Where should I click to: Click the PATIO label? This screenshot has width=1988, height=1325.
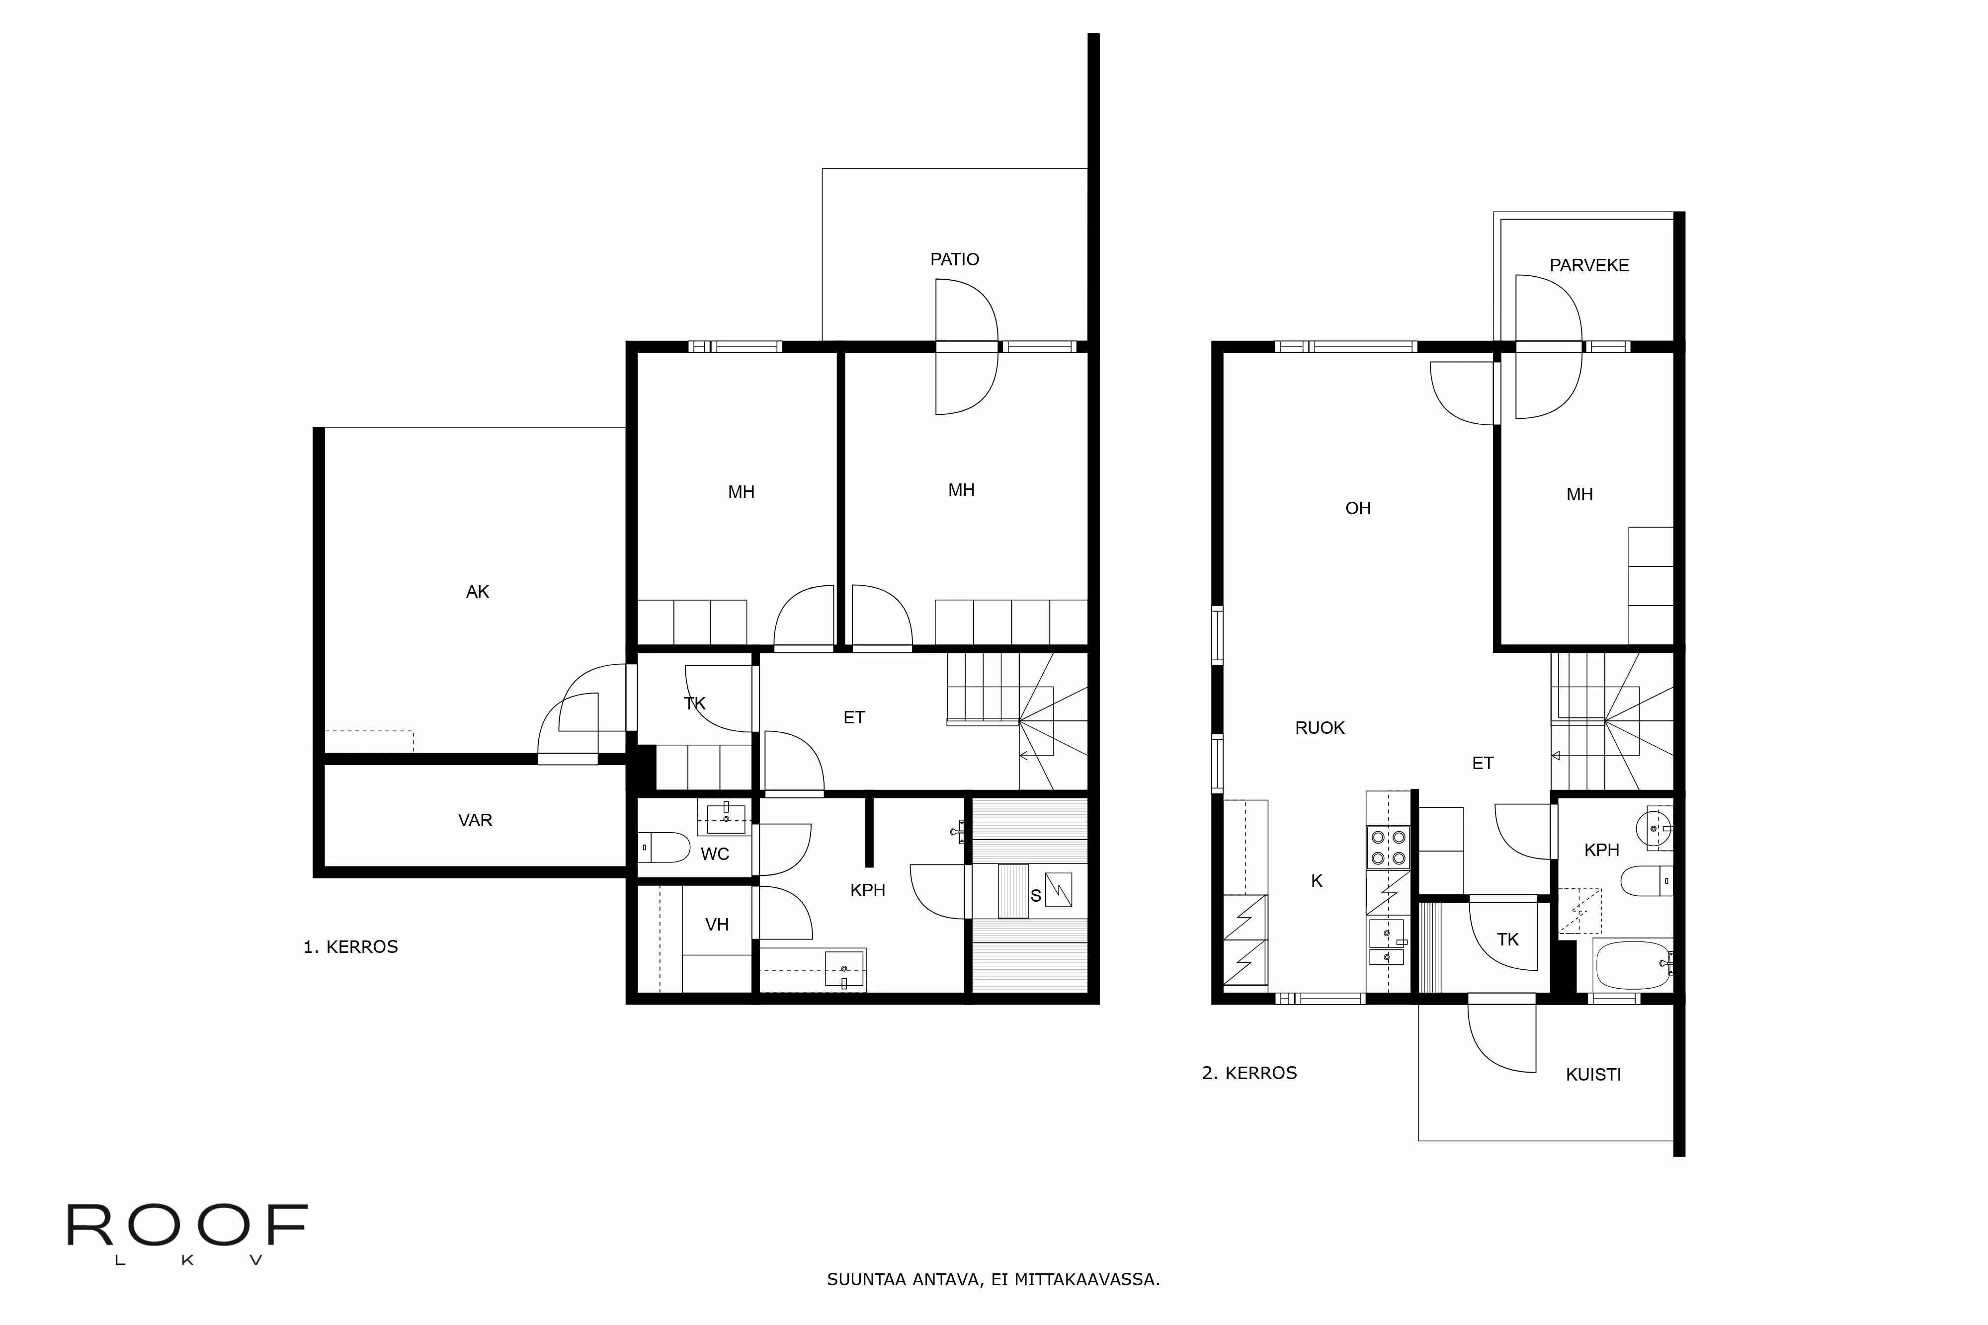(x=954, y=259)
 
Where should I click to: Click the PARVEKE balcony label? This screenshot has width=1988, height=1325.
(x=1588, y=265)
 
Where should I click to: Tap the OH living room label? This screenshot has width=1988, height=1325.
(x=1357, y=508)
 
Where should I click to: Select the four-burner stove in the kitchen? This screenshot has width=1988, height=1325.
(x=1388, y=848)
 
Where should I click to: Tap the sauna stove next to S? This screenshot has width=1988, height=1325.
(x=1058, y=890)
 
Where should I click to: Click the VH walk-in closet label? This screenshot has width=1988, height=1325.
(x=717, y=925)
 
